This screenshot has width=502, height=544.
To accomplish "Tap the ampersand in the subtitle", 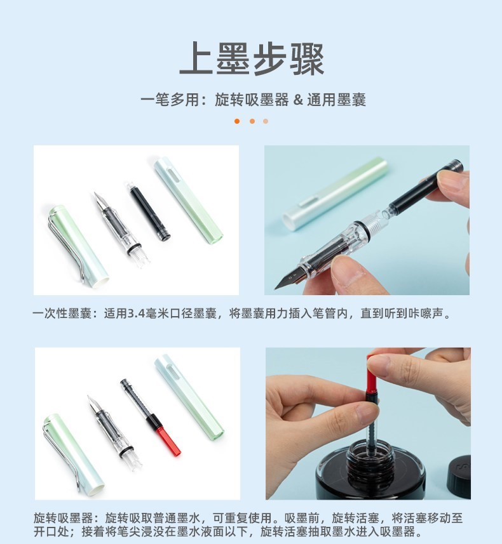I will pos(299,100).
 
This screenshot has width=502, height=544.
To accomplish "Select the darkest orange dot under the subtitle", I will pos(237,121).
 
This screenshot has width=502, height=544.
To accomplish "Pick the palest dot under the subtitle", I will pos(266,121).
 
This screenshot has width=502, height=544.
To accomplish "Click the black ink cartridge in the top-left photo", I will pos(150,212).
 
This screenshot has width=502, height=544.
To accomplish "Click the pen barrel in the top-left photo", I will pos(189,199).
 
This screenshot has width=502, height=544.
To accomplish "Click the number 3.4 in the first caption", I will pos(137,314).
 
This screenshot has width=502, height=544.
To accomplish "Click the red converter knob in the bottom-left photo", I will pos(168,441).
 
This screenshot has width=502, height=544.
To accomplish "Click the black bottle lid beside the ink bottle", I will pos(460,476).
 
